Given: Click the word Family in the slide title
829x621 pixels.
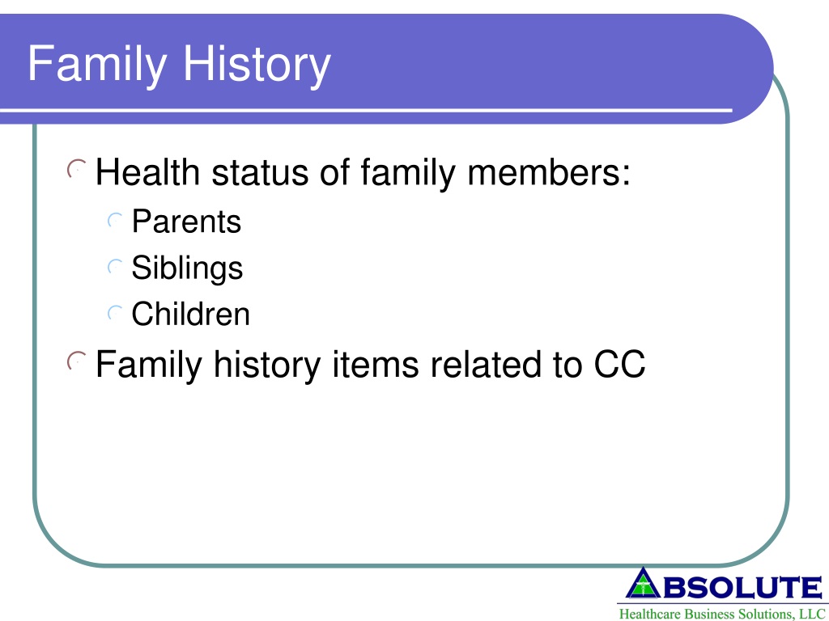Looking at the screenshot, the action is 97,65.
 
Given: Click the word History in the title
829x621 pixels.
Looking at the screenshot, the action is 257,65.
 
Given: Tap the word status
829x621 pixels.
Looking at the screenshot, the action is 260,173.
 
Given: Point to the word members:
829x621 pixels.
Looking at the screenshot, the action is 549,172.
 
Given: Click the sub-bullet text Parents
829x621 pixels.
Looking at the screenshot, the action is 187,222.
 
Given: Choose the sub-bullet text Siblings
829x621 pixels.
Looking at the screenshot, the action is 187,268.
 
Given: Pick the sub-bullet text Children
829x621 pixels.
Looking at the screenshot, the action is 190,314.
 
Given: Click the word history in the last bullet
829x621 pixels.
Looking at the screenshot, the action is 267,365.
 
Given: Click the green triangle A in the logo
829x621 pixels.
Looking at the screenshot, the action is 643,583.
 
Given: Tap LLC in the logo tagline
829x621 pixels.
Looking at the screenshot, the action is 812,615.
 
